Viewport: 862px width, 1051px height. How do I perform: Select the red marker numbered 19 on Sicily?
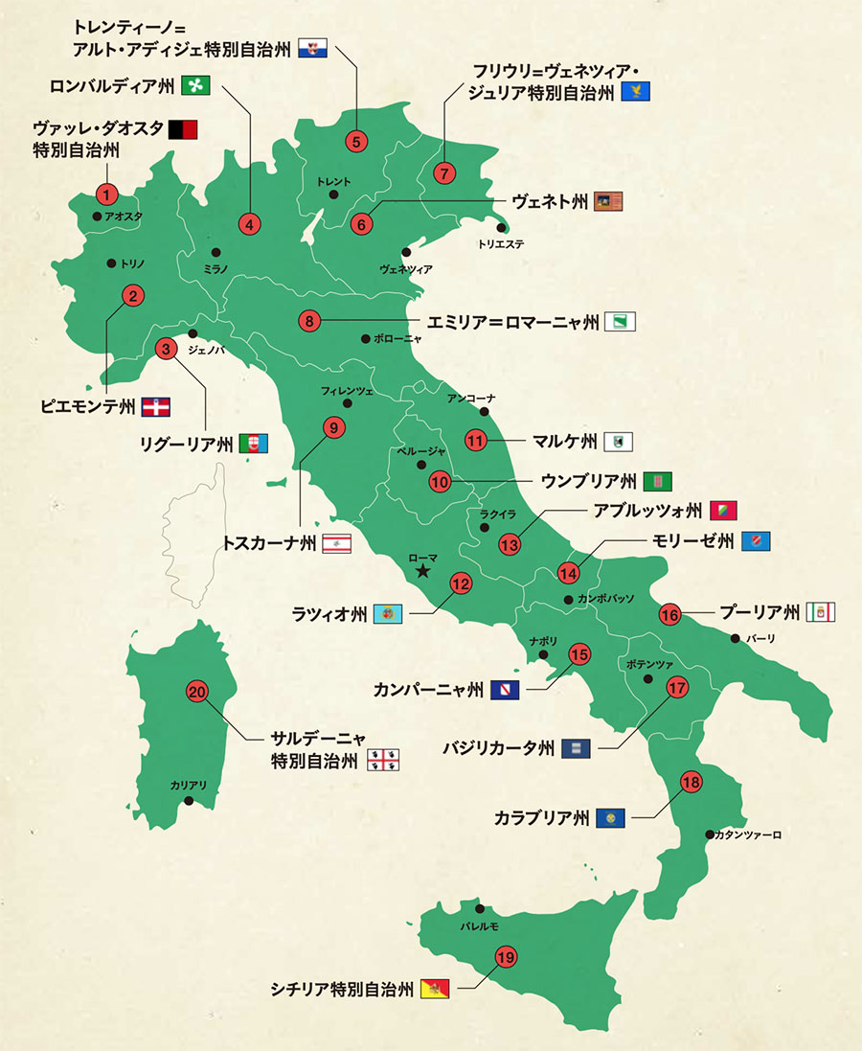[x=506, y=955]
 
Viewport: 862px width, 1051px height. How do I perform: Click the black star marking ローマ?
[x=421, y=572]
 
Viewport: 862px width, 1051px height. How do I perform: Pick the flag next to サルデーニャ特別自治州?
[x=383, y=761]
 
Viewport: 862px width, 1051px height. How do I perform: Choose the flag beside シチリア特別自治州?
[x=436, y=989]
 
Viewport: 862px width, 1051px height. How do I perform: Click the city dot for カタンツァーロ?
[x=708, y=834]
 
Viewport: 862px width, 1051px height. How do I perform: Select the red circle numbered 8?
[x=309, y=321]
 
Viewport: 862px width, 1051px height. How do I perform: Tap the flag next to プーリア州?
[x=823, y=611]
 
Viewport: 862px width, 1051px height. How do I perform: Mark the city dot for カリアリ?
[x=190, y=800]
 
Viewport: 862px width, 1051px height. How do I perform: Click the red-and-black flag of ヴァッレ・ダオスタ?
[x=182, y=129]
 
